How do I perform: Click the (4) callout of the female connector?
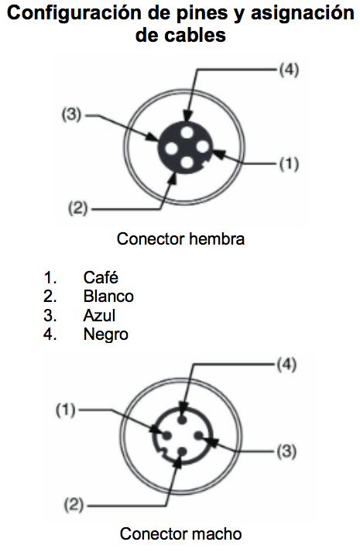[x=289, y=70]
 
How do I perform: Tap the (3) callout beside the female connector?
[x=72, y=115]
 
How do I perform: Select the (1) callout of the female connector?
[x=289, y=163]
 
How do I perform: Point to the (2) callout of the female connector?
[x=77, y=207]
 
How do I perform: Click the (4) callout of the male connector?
[x=286, y=365]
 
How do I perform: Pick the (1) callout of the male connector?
[x=66, y=410]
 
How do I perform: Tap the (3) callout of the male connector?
[x=286, y=451]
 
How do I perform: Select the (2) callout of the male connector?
[x=74, y=505]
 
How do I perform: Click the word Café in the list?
[x=101, y=277]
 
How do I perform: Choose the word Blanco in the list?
[x=108, y=297]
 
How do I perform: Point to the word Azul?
[x=99, y=315]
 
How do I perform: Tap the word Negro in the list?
[x=105, y=334]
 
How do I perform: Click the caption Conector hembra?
[x=180, y=239]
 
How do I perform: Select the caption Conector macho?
[x=180, y=533]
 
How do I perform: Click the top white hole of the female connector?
[x=187, y=132]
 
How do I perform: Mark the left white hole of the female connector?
[x=171, y=148]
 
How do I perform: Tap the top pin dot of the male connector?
[x=182, y=420]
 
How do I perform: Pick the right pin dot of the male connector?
[x=198, y=435]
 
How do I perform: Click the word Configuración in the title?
[x=74, y=13]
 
